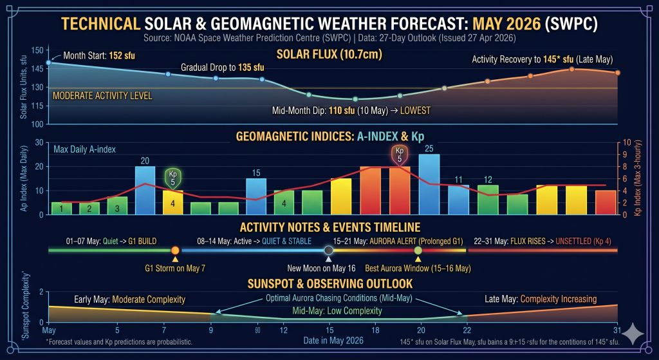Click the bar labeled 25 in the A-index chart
tap(429, 184)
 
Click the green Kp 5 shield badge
tap(173, 176)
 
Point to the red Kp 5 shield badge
tap(400, 155)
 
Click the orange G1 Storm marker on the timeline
tap(175, 250)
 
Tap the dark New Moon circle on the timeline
tap(329, 250)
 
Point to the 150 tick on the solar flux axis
tap(37, 50)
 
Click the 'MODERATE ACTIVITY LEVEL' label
tap(102, 96)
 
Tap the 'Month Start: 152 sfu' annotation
tap(99, 55)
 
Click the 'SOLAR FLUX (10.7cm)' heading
tap(329, 54)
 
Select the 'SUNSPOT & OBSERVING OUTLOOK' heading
tap(329, 283)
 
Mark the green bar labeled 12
tap(488, 199)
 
